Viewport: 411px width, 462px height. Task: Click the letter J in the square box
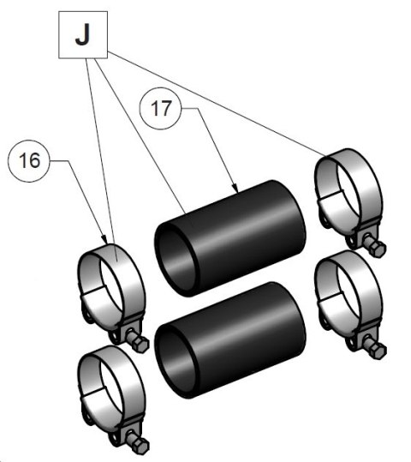point(82,34)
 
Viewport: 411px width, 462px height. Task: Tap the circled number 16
point(29,160)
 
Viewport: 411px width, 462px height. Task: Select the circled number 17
point(160,108)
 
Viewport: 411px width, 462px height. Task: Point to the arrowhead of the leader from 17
point(235,188)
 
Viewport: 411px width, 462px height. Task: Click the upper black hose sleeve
point(230,238)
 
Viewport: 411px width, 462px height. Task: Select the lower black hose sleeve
point(230,340)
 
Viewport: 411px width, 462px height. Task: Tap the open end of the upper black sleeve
point(175,259)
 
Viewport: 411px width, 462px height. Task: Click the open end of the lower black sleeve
point(175,361)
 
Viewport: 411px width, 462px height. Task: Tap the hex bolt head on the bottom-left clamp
point(141,446)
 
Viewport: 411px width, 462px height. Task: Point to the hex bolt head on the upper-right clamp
point(378,249)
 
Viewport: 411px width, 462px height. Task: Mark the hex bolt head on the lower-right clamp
point(378,351)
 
